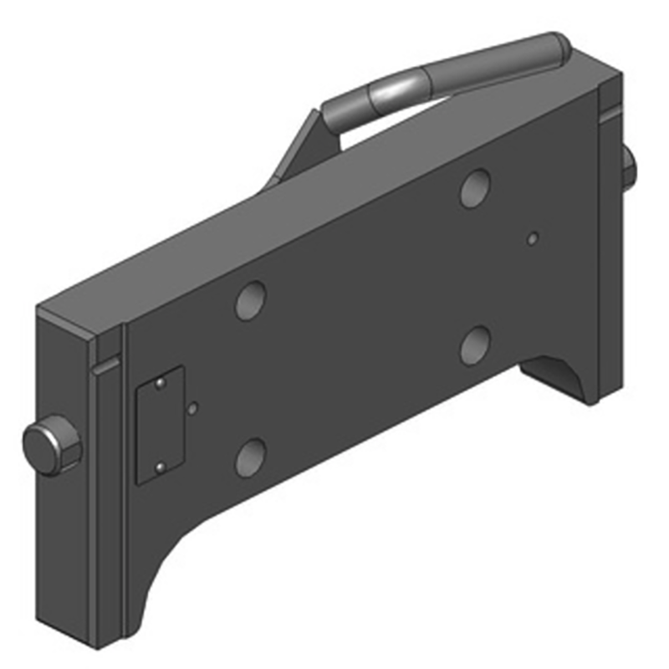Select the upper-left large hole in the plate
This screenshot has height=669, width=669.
(x=250, y=300)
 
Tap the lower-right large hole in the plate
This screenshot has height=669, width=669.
(x=475, y=344)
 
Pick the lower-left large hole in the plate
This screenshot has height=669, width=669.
(x=250, y=457)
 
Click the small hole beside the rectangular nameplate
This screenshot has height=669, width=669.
(x=194, y=409)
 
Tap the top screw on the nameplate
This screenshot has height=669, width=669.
(x=158, y=384)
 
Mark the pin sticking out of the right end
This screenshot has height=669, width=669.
(x=629, y=167)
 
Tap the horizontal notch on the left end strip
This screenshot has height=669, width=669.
(x=106, y=365)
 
